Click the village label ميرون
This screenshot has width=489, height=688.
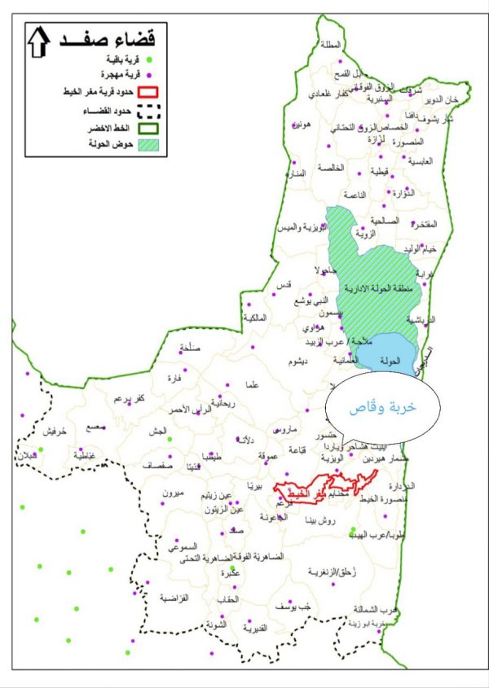pos(174,494)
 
